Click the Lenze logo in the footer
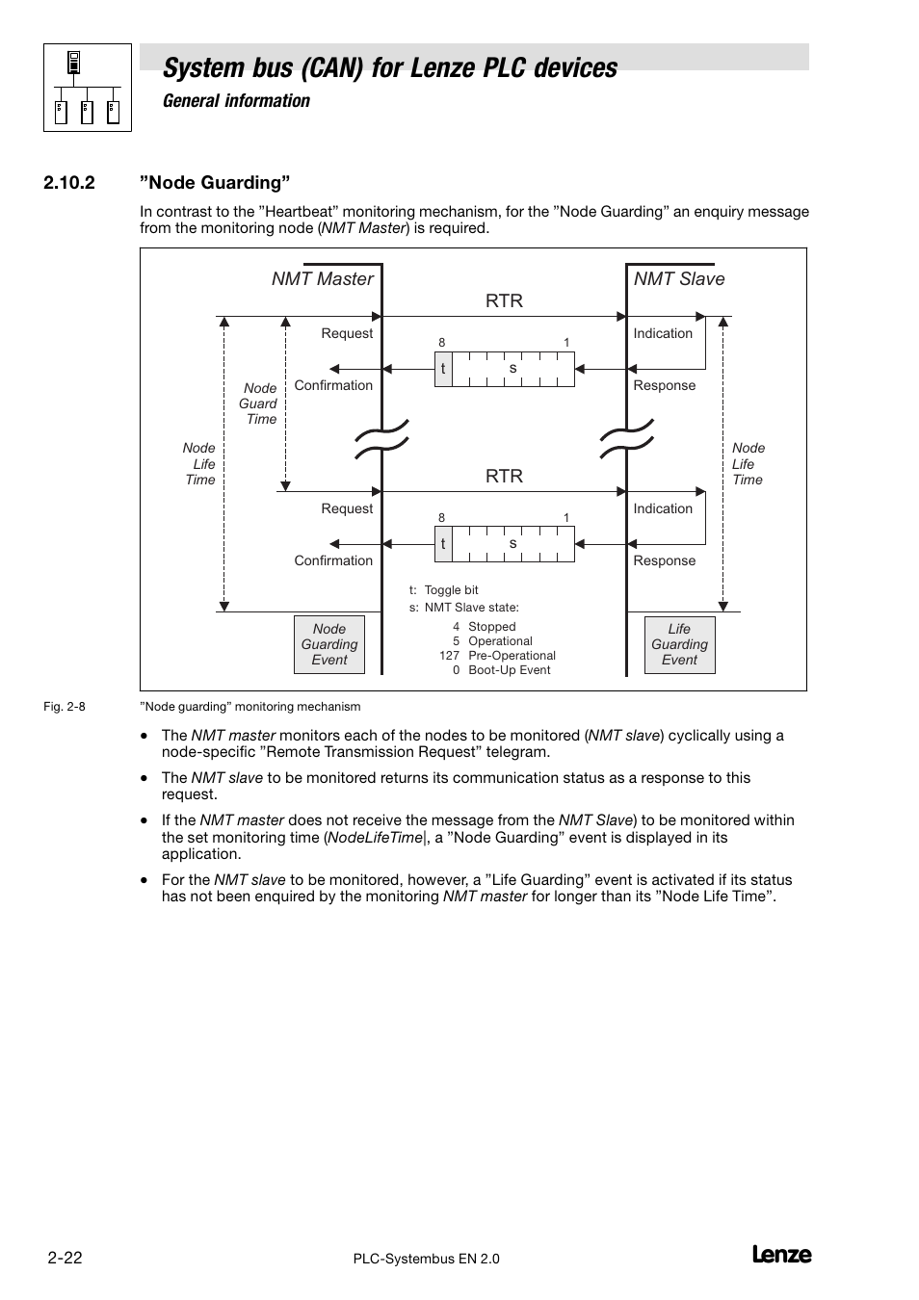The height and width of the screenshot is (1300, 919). pyautogui.click(x=780, y=1255)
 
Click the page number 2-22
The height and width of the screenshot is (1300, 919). pyautogui.click(x=63, y=1258)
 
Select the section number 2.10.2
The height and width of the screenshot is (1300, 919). pyautogui.click(x=69, y=183)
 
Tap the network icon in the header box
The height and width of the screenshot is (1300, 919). pyautogui.click(x=88, y=88)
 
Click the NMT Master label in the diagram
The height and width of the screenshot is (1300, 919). pyautogui.click(x=322, y=279)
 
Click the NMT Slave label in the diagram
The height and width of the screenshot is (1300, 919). pyautogui.click(x=679, y=279)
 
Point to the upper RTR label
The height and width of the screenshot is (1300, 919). pyautogui.click(x=504, y=301)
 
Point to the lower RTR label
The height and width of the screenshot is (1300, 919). pyautogui.click(x=504, y=477)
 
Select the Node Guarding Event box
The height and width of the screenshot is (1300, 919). pyautogui.click(x=329, y=644)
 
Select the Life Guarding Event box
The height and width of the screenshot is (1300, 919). pyautogui.click(x=679, y=644)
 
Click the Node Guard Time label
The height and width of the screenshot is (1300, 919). pyautogui.click(x=259, y=403)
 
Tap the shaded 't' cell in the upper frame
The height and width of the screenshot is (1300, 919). pyautogui.click(x=443, y=369)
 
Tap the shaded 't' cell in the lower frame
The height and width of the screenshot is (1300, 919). pyautogui.click(x=443, y=544)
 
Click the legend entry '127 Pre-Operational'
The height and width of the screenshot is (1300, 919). pyautogui.click(x=497, y=656)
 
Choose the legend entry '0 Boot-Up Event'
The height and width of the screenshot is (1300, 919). pyautogui.click(x=501, y=670)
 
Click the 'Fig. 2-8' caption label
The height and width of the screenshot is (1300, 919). pyautogui.click(x=65, y=707)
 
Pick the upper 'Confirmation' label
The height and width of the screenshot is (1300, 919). pyautogui.click(x=333, y=385)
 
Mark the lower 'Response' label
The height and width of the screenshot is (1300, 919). pyautogui.click(x=664, y=560)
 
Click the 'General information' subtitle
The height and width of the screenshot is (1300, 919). pyautogui.click(x=236, y=101)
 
